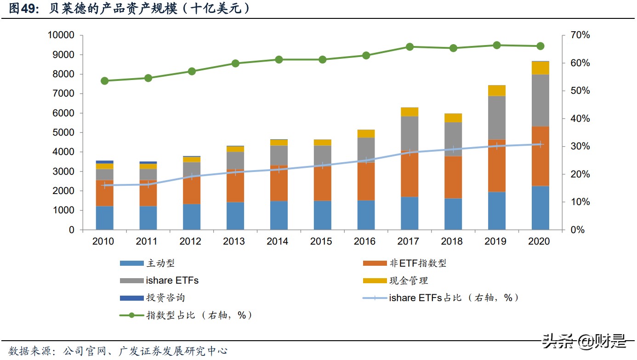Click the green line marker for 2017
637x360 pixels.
[409, 47]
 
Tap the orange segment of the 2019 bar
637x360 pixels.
[496, 166]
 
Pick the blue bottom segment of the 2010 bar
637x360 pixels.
[104, 217]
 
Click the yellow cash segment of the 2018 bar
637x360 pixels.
[453, 118]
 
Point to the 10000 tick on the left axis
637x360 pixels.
[61, 35]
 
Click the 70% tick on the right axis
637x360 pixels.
[574, 35]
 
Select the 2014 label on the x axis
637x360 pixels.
[278, 241]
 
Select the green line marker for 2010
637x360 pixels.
[104, 81]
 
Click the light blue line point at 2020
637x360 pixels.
[540, 144]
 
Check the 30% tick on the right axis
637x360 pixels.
[574, 147]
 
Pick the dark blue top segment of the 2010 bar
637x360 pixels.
[104, 162]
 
